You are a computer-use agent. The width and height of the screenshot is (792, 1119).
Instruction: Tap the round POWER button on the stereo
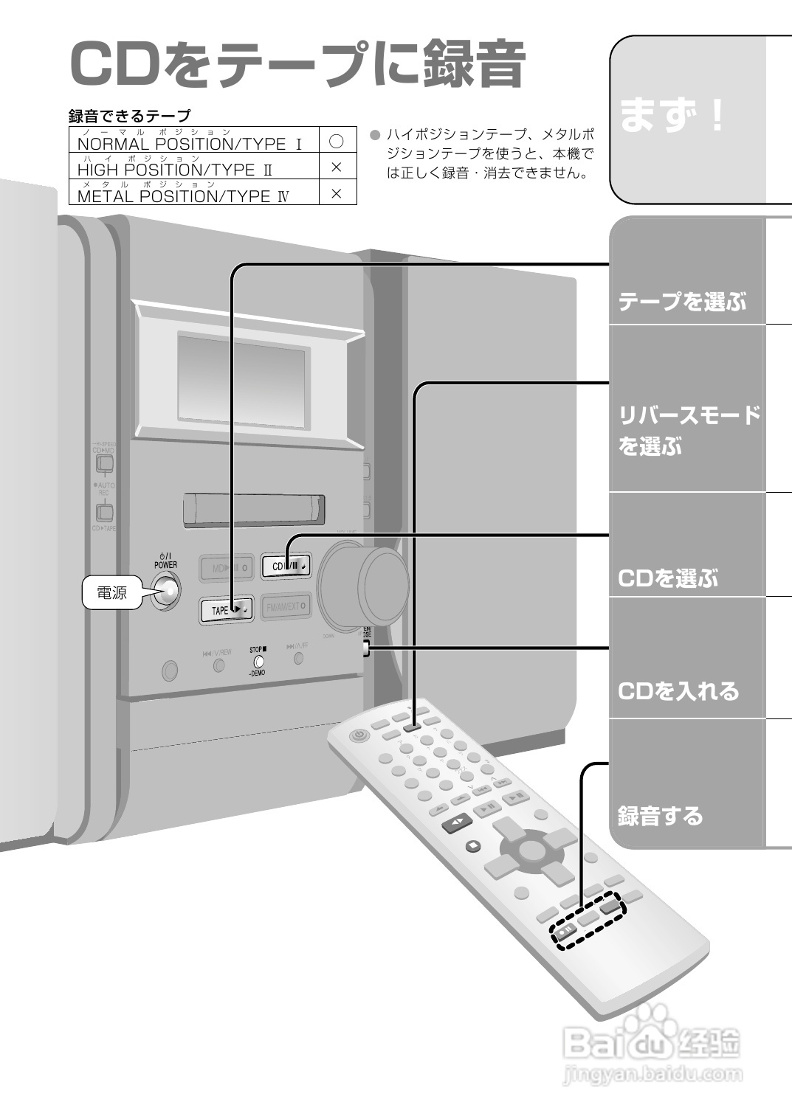click(x=165, y=591)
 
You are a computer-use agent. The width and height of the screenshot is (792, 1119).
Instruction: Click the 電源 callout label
click(x=112, y=593)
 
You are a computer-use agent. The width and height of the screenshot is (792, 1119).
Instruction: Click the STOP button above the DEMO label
click(x=258, y=661)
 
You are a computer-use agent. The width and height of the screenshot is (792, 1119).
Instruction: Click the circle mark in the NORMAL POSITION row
click(x=337, y=140)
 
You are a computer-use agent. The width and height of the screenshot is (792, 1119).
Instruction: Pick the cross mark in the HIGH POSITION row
click(x=337, y=167)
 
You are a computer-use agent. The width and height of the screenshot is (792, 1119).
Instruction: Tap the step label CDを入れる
click(x=678, y=691)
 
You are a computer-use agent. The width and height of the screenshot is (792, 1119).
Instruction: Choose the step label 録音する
click(x=660, y=816)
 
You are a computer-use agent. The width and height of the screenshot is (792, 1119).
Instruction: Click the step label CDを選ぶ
click(x=667, y=578)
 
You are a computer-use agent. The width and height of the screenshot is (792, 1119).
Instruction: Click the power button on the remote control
click(x=359, y=735)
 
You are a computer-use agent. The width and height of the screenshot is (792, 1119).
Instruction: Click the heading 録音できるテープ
click(x=129, y=115)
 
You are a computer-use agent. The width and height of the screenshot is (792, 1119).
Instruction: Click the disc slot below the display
click(x=254, y=510)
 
